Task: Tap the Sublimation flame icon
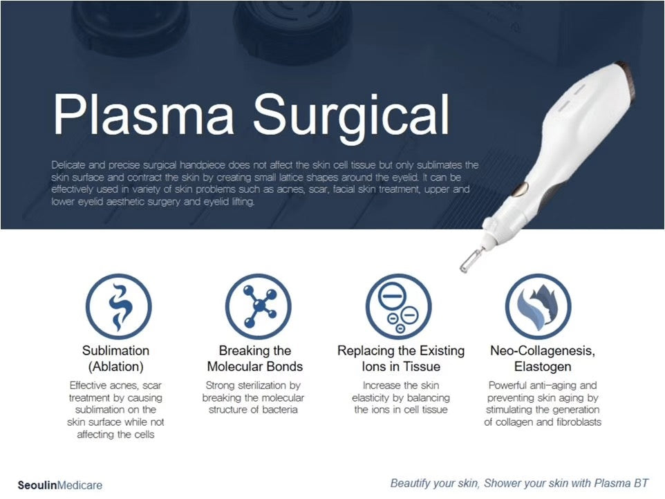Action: point(118,306)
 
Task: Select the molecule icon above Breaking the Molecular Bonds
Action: point(258,306)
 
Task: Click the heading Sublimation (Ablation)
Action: point(115,358)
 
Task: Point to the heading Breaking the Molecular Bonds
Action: point(255,358)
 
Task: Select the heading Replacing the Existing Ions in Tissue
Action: point(401,358)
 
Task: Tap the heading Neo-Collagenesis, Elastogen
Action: point(543,358)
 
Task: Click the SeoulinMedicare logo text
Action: point(60,485)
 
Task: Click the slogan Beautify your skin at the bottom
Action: point(519,483)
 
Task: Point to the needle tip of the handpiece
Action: point(465,266)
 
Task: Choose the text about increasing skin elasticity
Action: point(401,397)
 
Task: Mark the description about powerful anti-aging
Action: point(543,404)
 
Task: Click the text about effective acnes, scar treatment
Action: point(115,410)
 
